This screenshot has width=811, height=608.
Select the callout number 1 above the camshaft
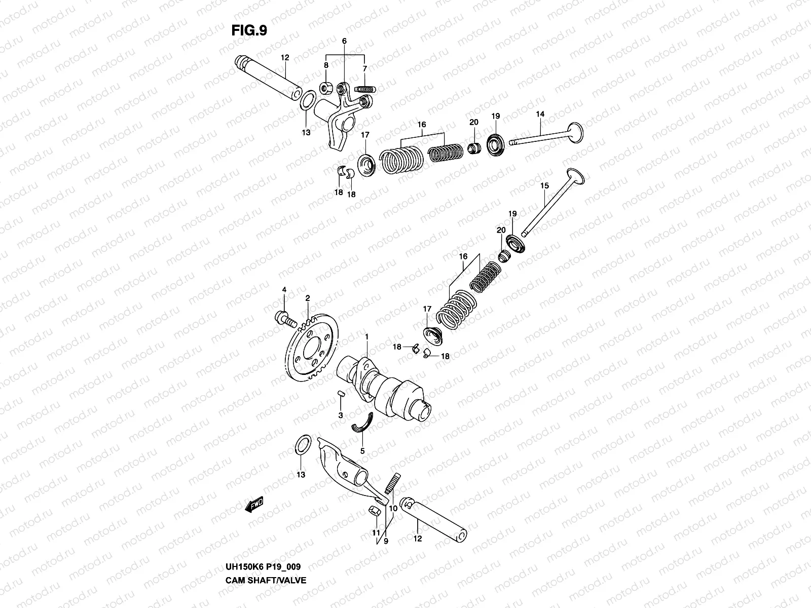(x=367, y=336)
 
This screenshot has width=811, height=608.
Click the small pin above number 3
(x=341, y=394)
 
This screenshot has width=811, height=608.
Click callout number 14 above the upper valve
(x=540, y=115)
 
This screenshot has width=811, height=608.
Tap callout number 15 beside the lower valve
(x=544, y=186)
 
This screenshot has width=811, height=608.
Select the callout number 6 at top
(x=344, y=41)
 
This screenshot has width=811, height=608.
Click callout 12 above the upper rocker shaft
(x=284, y=58)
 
